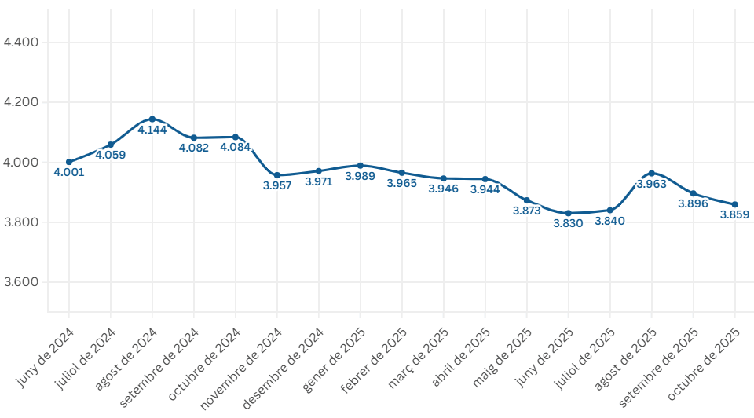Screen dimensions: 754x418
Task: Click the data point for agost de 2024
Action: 152,119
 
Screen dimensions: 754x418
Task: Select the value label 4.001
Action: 69,172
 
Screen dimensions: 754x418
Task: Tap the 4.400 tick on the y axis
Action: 21,42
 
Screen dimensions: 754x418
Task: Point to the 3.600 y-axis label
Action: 21,282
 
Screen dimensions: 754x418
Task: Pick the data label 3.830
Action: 568,223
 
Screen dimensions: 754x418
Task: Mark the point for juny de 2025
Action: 569,213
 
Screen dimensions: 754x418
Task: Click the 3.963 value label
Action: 652,184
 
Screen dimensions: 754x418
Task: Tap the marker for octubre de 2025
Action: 735,204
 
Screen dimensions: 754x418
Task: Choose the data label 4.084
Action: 235,147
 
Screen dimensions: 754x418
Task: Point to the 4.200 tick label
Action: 21,102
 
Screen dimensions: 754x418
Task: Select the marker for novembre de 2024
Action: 277,175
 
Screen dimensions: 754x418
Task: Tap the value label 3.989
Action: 361,176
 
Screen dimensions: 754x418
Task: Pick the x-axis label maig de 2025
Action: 502,357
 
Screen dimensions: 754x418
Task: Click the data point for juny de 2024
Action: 69,162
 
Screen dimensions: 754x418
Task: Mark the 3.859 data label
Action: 734,214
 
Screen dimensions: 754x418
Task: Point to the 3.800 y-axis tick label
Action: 21,222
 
